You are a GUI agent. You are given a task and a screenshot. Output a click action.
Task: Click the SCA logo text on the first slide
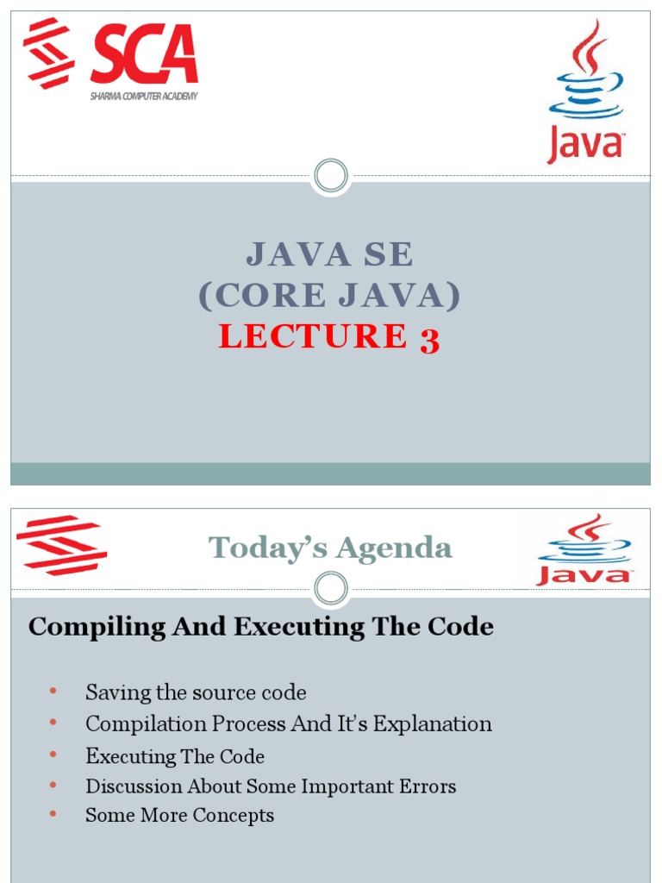coord(144,55)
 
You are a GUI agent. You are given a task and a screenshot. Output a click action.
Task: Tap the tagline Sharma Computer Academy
coord(143,96)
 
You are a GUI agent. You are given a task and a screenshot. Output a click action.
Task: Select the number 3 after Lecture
coord(429,338)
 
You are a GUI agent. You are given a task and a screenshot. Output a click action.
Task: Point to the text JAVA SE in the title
coord(330,254)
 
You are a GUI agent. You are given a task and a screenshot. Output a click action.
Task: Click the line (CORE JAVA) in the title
coord(330,296)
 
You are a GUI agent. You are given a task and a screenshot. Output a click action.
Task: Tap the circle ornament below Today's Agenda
coord(330,590)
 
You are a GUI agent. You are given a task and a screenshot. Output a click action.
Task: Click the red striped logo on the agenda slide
coord(61,545)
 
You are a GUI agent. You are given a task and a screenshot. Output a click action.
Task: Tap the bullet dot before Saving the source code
coord(53,692)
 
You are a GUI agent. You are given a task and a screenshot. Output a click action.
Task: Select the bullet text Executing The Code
coord(175,757)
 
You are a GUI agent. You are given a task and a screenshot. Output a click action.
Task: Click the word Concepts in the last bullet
coord(233,816)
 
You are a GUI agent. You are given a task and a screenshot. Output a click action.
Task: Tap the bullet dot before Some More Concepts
coord(53,814)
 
